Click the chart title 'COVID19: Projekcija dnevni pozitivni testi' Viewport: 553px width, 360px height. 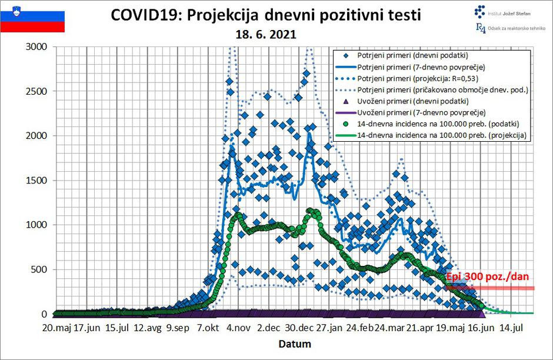pos(266,15)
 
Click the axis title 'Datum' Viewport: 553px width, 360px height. pos(294,344)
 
